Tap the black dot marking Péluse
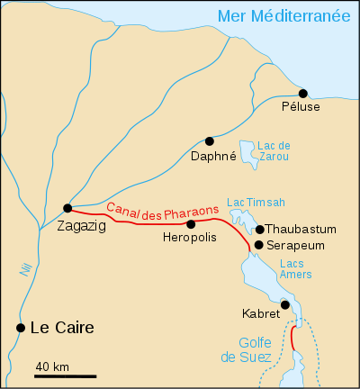303,94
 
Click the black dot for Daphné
210,140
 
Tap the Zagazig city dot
67,207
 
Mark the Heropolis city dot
191,223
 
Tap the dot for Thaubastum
260,230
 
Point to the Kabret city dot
285,305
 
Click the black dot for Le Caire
20,328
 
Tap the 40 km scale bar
66,375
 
